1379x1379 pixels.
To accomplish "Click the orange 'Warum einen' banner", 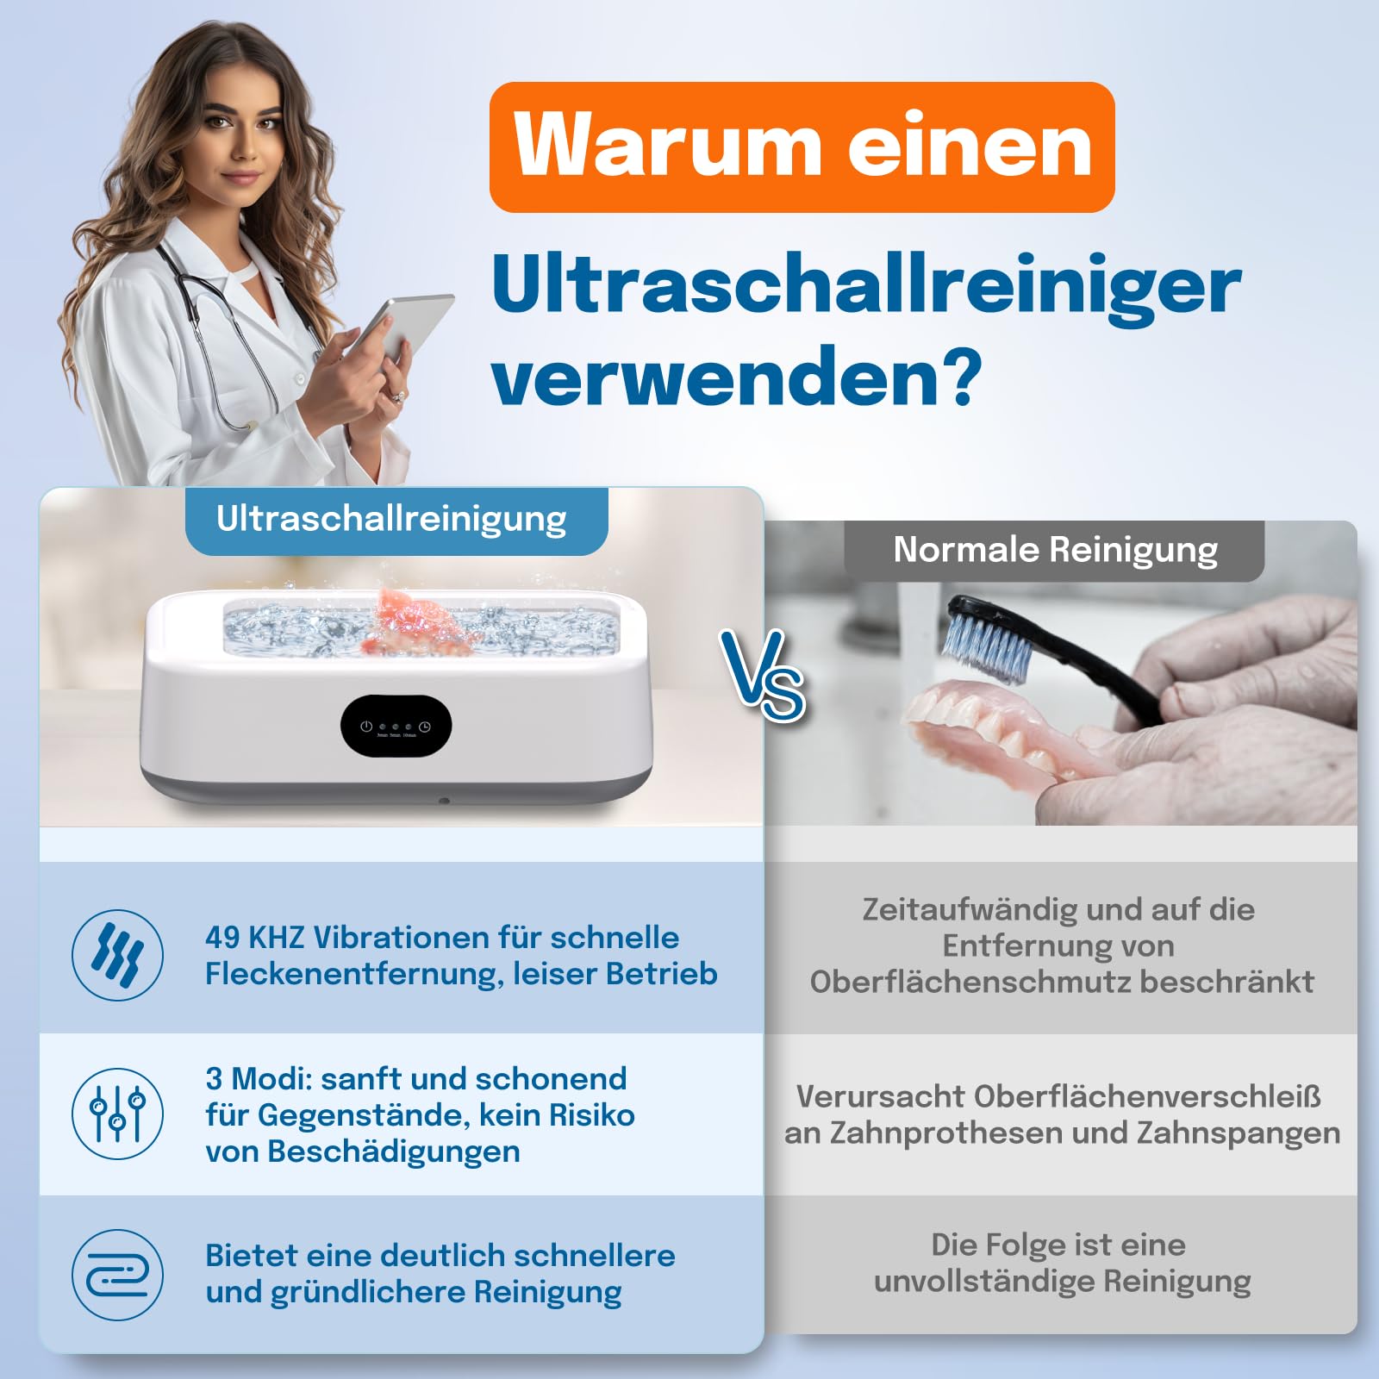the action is coord(802,147).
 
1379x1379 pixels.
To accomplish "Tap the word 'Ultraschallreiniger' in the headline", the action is coord(866,288).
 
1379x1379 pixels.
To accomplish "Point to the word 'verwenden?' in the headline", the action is coord(737,377).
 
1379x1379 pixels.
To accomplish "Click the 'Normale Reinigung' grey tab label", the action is coord(1054,550).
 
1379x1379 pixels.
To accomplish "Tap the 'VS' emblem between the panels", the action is coord(763,675).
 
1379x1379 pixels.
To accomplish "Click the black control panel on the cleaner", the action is coord(396,727).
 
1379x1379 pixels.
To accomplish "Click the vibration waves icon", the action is coord(117,955).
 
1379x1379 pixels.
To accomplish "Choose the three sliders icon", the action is coord(117,1114).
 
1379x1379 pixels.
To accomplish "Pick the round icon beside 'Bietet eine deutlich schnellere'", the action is coord(117,1274).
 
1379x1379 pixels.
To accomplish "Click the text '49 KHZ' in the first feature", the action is coord(254,937).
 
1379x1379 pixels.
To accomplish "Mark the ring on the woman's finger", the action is coord(397,396).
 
